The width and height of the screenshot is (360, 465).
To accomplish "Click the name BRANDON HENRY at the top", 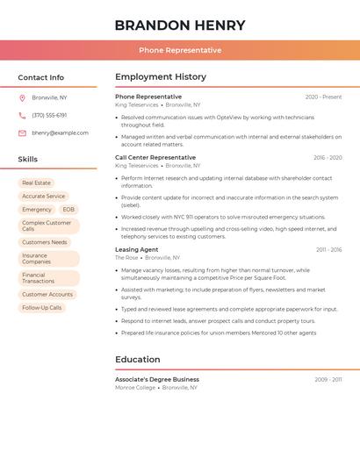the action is [x=180, y=25].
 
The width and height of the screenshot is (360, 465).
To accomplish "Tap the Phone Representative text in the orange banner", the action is [x=180, y=50].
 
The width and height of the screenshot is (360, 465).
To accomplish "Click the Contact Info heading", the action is [x=41, y=77].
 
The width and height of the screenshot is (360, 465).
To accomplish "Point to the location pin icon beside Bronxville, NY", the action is [x=22, y=97].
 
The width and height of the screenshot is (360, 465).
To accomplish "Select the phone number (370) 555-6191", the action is [x=49, y=115].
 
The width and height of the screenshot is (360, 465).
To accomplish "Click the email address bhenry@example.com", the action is [x=60, y=132].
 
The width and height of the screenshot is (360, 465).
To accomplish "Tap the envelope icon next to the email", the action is [x=22, y=132].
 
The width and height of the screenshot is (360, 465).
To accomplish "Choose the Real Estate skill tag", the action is [x=36, y=182].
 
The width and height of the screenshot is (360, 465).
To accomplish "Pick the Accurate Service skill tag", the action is [x=43, y=196].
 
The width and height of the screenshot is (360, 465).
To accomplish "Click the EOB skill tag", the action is [x=68, y=210].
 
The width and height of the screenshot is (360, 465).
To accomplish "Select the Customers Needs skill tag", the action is [x=45, y=242].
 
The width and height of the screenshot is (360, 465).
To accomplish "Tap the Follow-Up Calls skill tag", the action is [x=42, y=308].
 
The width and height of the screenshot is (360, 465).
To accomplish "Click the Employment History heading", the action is [x=161, y=77].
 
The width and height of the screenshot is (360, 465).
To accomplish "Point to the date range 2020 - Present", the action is [x=323, y=97].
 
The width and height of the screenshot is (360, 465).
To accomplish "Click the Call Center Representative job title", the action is [x=155, y=157].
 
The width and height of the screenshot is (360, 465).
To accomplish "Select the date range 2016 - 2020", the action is [x=328, y=158].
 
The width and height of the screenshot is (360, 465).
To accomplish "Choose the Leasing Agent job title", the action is [x=137, y=249].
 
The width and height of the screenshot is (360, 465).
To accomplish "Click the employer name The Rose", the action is [x=126, y=258].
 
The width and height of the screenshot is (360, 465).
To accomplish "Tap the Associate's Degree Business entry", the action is [x=157, y=379].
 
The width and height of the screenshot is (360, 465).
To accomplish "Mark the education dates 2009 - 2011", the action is [x=328, y=380].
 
